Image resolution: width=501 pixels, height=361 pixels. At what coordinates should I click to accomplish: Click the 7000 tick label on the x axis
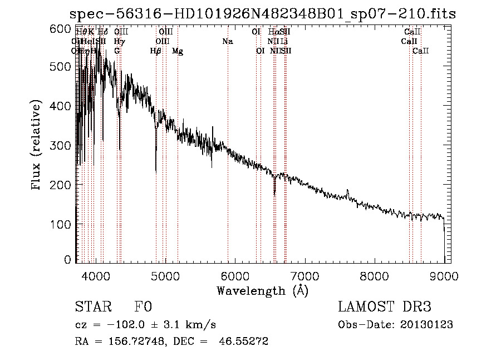[x=304, y=275]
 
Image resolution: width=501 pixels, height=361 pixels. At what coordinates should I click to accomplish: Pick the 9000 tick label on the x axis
[x=444, y=275]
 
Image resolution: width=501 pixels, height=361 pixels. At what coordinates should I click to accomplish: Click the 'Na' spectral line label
[x=227, y=41]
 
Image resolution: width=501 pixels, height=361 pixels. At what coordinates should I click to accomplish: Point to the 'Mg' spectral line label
[x=178, y=51]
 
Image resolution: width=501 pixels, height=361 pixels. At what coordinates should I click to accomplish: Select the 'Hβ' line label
[x=156, y=51]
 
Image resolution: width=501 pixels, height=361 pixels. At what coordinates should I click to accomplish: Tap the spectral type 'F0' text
[x=143, y=308]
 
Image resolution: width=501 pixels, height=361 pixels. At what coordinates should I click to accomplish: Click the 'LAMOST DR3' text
[x=385, y=308]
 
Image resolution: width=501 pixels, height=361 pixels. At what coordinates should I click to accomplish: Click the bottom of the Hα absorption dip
[x=274, y=194]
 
